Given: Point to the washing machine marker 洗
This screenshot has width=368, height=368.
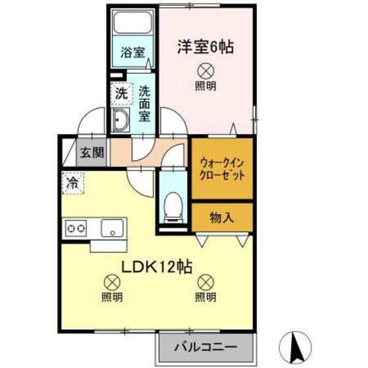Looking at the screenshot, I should pyautogui.click(x=121, y=93).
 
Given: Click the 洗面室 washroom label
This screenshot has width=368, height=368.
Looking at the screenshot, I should pyautogui.click(x=145, y=104).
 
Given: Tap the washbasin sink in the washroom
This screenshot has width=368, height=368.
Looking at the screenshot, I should pyautogui.click(x=122, y=120).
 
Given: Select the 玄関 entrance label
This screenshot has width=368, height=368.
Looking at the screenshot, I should pyautogui.click(x=92, y=154).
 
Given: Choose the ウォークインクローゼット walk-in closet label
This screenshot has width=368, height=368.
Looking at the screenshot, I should pyautogui.click(x=221, y=170).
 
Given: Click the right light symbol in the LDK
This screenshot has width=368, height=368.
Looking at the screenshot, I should pyautogui.click(x=206, y=282).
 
